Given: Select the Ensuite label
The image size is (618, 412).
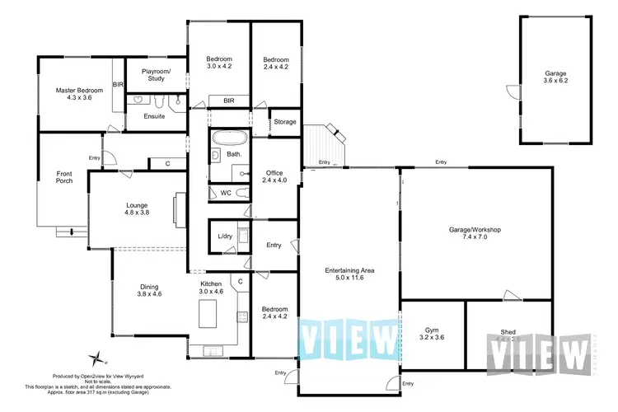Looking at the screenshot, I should click(154, 116).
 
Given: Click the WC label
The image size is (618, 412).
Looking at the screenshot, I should click(225, 193).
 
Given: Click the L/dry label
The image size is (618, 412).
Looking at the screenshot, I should click(224, 237).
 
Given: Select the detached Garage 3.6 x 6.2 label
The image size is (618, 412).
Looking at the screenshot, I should click(555, 78).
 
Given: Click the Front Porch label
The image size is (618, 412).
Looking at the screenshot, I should click(64, 177).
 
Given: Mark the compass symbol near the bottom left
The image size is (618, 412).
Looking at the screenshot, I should click(98, 358).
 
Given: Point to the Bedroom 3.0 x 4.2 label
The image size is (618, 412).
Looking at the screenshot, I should click(219, 63).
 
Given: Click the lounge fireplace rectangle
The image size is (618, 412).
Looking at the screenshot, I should click(178, 210).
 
